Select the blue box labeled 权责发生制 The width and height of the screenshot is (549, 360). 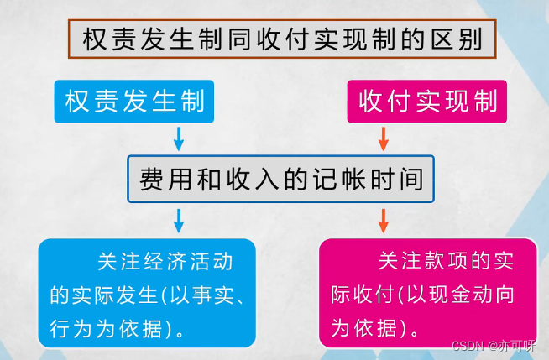click(139, 102)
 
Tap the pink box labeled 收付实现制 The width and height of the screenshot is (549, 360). click(426, 102)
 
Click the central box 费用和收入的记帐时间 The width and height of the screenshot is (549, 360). click(280, 179)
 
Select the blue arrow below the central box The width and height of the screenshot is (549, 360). click(178, 220)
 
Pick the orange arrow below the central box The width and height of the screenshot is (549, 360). click(384, 220)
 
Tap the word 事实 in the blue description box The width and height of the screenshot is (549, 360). click(217, 295)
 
